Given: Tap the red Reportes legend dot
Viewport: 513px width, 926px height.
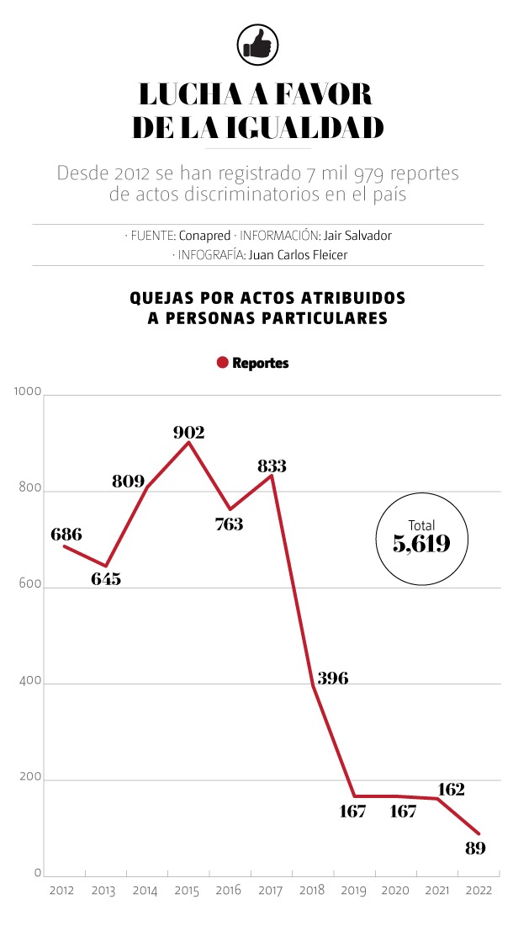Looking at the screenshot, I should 222,363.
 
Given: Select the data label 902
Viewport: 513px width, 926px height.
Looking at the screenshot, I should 189,432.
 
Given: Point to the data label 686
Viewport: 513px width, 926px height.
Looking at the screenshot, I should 66,534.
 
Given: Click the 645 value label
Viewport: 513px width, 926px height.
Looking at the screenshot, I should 106,579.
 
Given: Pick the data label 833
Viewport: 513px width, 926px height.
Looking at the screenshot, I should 272,465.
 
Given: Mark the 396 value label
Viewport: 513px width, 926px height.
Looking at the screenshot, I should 333,679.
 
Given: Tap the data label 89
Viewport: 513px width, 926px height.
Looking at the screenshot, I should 475,848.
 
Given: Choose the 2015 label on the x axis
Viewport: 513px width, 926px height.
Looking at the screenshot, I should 187,891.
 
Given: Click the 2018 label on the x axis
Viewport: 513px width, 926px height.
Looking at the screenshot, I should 311,891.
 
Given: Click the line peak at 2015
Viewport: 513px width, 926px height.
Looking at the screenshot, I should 188,442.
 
